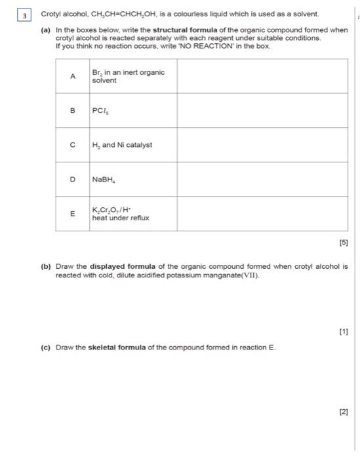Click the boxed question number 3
pos(24,14)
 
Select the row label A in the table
pos(73,77)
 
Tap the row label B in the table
pos(73,111)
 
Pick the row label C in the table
pos(73,145)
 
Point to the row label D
pos(73,179)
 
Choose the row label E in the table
pos(73,213)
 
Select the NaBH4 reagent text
pos(105,179)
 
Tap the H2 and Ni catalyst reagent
pos(123,145)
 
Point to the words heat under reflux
pos(121,217)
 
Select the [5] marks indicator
pos(343,243)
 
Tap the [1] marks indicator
pos(343,332)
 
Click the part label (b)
pos(46,268)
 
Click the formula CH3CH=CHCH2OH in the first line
pos(121,14)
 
